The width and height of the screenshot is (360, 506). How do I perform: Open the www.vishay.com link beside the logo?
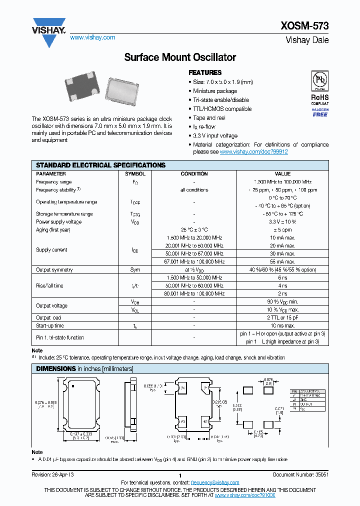[x=92, y=37]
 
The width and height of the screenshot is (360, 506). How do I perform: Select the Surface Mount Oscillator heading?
[x=179, y=57]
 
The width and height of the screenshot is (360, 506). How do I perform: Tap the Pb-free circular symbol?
[x=319, y=80]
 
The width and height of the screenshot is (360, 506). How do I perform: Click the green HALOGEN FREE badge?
[x=320, y=112]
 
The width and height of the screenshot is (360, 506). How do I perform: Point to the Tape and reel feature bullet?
[x=209, y=118]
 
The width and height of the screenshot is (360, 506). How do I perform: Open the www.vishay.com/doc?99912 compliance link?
[x=254, y=151]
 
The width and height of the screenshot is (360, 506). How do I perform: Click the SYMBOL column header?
[x=135, y=174]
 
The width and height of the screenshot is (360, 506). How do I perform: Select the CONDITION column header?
[x=194, y=174]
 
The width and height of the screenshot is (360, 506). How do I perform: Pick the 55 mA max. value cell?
[x=282, y=261]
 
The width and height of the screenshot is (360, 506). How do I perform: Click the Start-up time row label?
[x=50, y=325]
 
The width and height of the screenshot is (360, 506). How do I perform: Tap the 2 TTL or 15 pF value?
[x=282, y=317]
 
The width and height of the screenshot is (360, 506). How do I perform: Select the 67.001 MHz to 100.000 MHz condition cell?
[x=194, y=261]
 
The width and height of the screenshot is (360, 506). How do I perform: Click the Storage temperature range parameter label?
[x=64, y=214]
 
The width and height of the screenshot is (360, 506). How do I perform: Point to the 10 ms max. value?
[x=282, y=325]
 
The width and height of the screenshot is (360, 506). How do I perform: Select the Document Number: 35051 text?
[x=300, y=475]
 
